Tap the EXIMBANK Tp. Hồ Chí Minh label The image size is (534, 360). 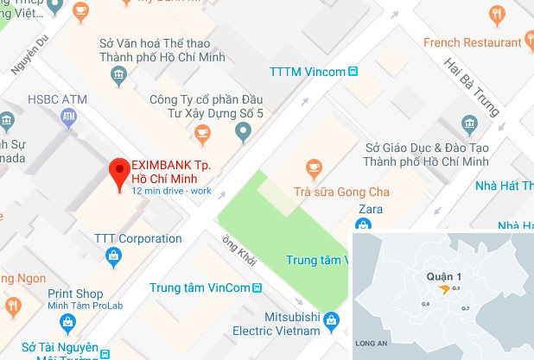click(x=170, y=171)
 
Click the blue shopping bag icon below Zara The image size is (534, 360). click(x=364, y=226)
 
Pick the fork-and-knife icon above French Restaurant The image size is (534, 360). click(x=497, y=15)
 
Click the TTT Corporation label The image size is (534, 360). click(x=126, y=239)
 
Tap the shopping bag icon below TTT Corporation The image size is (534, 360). click(x=112, y=256)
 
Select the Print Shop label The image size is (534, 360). click(x=76, y=294)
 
